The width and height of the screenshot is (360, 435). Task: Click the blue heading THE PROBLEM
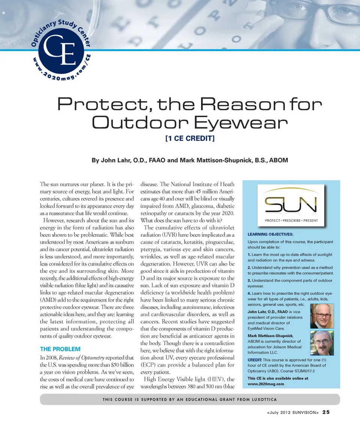coord(60,349)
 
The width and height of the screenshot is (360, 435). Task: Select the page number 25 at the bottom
coord(326,412)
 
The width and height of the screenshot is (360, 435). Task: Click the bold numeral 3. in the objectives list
coord(250,280)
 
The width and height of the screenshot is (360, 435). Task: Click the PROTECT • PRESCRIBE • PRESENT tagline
coord(291,220)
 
